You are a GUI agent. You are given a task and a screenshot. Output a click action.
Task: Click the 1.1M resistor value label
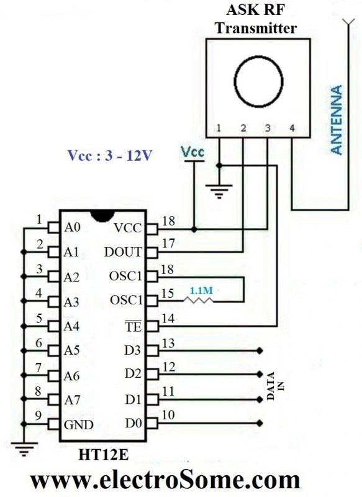(x=200, y=290)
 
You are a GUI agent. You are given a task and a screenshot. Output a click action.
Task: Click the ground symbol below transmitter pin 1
(x=218, y=191)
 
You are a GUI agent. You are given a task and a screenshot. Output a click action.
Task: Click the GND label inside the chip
(x=78, y=425)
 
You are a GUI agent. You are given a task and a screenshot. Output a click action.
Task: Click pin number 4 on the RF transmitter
(x=292, y=129)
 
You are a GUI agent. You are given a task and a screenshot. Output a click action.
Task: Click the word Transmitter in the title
(x=257, y=28)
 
